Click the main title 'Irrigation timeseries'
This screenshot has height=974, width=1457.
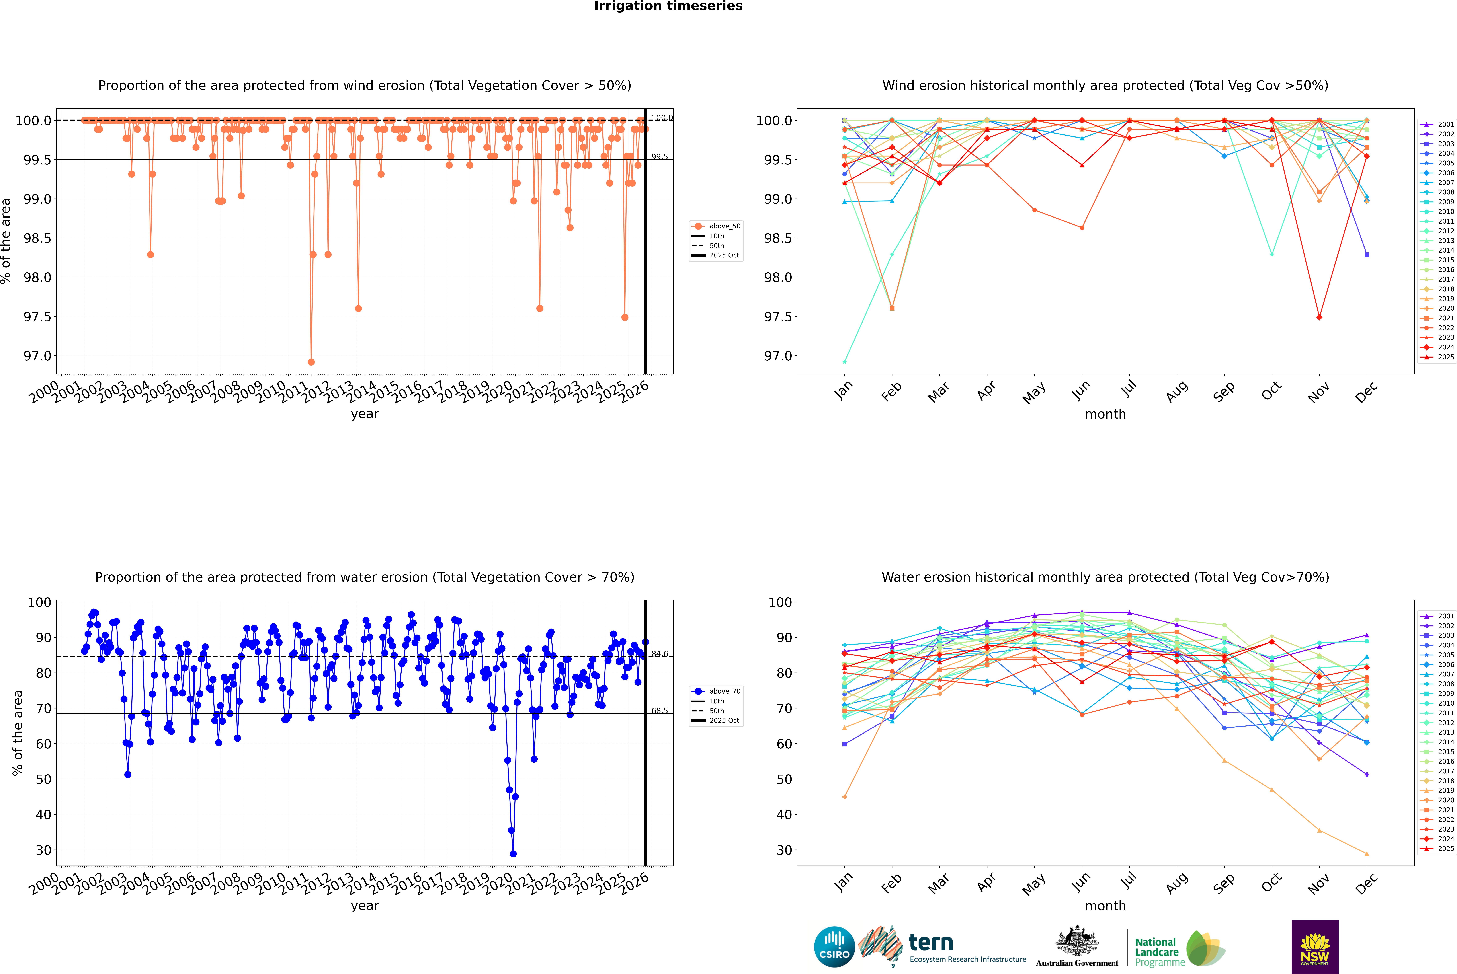(668, 6)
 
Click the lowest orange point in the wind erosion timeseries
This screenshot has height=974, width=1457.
(311, 362)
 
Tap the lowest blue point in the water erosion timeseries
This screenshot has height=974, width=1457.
(513, 853)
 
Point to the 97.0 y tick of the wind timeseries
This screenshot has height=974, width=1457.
(37, 356)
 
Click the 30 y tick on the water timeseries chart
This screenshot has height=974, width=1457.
(43, 850)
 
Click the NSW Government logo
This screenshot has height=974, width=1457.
(1315, 947)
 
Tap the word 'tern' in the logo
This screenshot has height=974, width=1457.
(930, 943)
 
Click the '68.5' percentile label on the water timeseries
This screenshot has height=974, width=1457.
(660, 711)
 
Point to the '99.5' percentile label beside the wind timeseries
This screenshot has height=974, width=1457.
(660, 157)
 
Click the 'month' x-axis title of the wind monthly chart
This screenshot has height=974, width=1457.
(1105, 414)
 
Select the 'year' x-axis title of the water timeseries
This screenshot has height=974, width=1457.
(365, 906)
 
